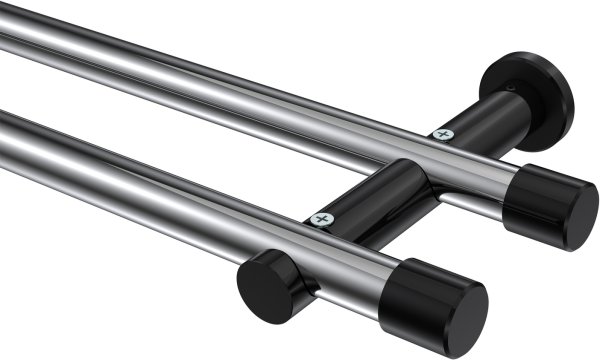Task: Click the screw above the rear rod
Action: pos(442,134)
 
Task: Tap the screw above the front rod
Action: pos(321,218)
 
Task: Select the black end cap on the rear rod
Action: pos(549,206)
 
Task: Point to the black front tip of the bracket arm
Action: pos(266,285)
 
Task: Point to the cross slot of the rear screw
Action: pos(442,134)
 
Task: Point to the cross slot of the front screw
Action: pos(321,218)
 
